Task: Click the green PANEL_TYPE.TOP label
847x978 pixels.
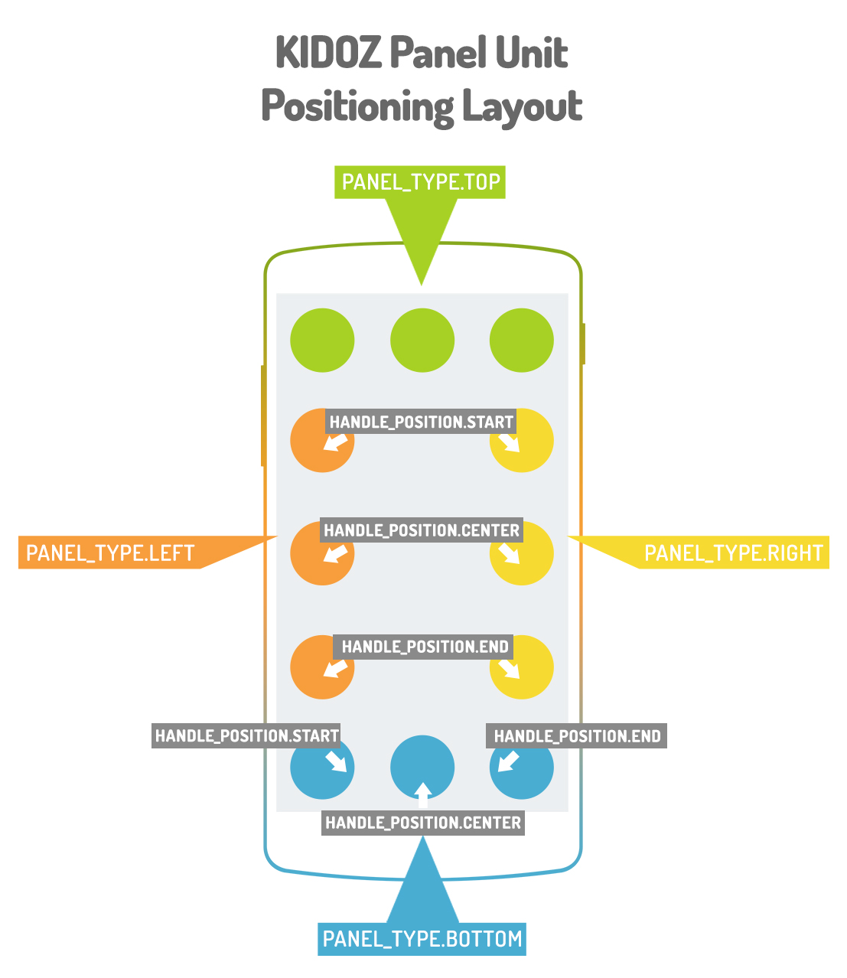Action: tap(420, 182)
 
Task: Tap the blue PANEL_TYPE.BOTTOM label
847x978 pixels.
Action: tap(422, 939)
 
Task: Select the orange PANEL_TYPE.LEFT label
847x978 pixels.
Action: tap(110, 553)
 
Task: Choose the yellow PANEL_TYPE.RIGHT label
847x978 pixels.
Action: tap(733, 553)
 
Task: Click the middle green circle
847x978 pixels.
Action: tap(422, 340)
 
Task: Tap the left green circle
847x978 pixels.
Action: tap(322, 340)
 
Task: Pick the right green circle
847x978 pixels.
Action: tap(521, 340)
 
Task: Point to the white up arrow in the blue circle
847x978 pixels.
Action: tap(422, 794)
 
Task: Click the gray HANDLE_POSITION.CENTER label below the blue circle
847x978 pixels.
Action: tap(423, 823)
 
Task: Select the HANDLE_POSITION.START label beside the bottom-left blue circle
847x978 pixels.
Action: tap(246, 736)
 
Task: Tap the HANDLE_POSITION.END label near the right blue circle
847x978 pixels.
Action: tap(577, 736)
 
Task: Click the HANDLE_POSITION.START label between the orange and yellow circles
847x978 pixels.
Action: tap(421, 422)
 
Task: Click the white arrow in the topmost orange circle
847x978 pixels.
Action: tap(335, 442)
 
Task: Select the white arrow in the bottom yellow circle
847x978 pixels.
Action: tap(510, 668)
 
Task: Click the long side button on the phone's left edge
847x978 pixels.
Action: tap(263, 416)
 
